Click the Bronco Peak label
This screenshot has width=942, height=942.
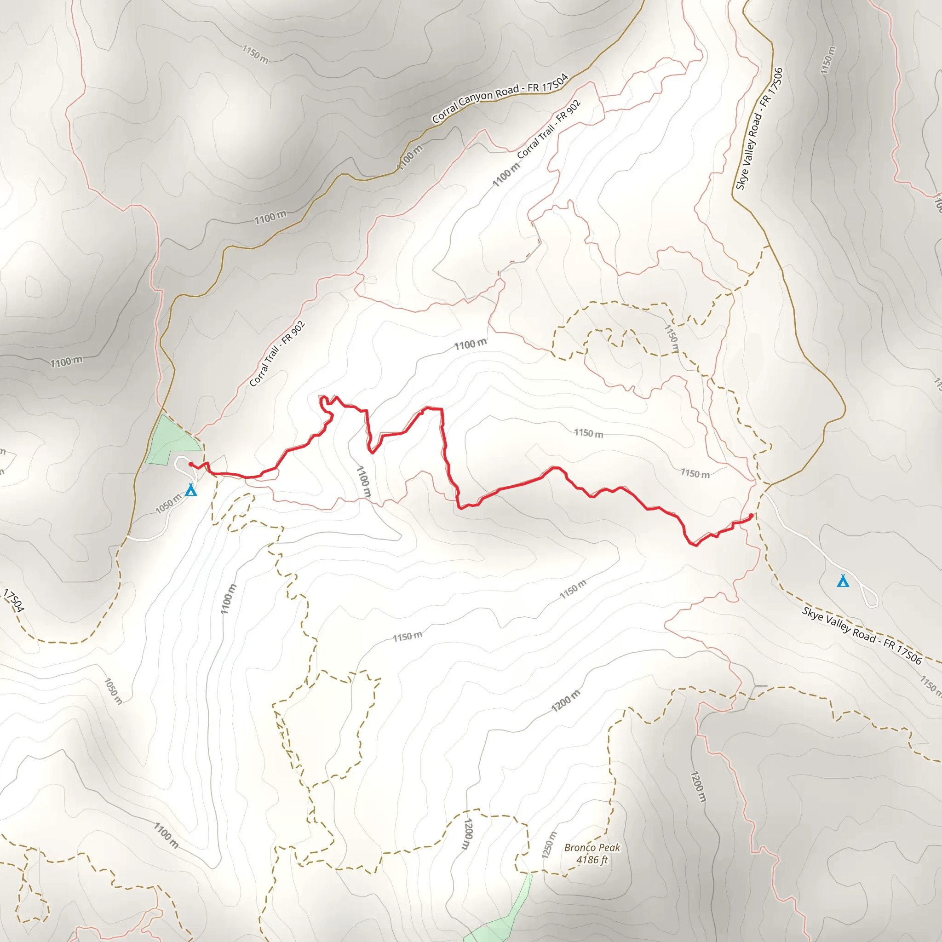[592, 847]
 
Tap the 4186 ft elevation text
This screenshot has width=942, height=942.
[592, 860]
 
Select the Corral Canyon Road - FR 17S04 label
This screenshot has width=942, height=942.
[500, 98]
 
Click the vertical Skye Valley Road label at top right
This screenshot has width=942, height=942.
[759, 129]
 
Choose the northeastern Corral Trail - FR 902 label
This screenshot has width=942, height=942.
[549, 129]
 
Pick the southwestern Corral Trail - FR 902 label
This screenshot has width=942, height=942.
[277, 354]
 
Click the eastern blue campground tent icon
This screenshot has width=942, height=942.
[843, 581]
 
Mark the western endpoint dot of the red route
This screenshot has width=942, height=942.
[190, 464]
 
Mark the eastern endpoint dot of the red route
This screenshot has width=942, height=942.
[751, 515]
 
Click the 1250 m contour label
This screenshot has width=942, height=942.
[549, 845]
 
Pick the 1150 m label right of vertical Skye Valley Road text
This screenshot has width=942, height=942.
[828, 60]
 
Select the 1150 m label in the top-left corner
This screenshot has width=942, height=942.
[255, 54]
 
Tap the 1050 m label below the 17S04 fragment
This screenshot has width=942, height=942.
[113, 691]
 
